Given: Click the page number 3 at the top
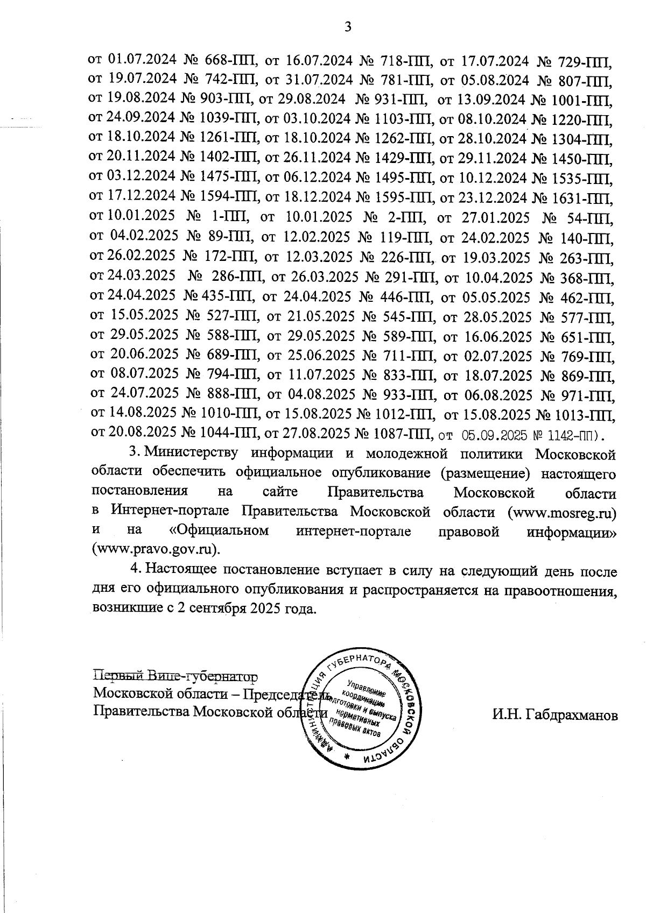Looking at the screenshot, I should pyautogui.click(x=348, y=26).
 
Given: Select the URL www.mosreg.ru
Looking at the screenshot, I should pyautogui.click(x=561, y=512).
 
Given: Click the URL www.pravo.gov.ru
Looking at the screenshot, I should pyautogui.click(x=156, y=550).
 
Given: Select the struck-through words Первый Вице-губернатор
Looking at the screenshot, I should pyautogui.click(x=175, y=675).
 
